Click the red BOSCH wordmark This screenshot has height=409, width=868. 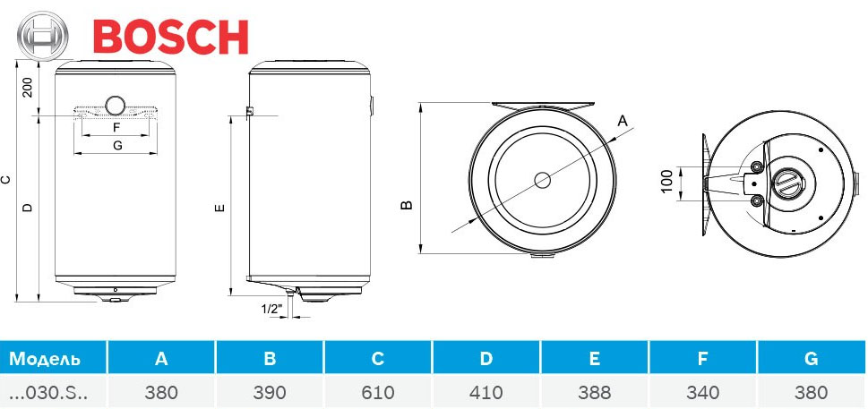click(170, 37)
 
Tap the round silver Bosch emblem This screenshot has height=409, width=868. click(43, 36)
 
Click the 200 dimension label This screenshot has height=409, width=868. click(28, 88)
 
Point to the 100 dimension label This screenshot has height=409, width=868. click(666, 182)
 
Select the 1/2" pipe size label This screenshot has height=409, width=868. click(271, 310)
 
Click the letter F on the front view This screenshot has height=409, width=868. click(116, 127)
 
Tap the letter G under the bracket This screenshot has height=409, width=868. click(116, 145)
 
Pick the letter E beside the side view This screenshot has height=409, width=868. click(220, 208)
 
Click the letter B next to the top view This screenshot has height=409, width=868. click(407, 205)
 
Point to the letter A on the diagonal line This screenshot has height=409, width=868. click(623, 121)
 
